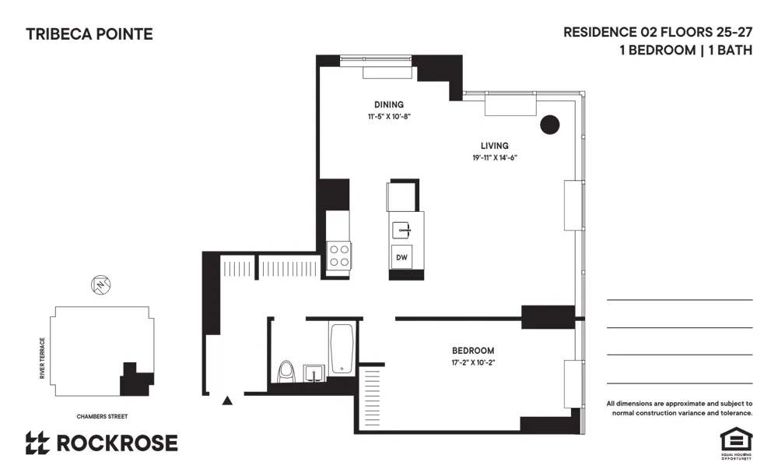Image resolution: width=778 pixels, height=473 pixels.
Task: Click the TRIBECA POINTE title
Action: (x=89, y=34)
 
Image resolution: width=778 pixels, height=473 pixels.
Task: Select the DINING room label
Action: (x=389, y=104)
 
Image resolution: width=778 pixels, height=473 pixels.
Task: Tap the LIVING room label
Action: (x=494, y=146)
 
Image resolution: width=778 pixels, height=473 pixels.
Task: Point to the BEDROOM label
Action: (x=473, y=351)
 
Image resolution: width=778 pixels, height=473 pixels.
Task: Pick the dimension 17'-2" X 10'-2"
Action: (x=473, y=362)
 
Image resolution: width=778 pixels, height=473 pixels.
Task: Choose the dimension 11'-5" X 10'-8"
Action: (x=389, y=116)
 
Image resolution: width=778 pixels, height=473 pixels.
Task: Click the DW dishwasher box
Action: (x=402, y=257)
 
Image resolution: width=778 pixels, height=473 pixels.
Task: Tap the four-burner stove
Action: (x=338, y=255)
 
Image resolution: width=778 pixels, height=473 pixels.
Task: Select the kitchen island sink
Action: (x=402, y=229)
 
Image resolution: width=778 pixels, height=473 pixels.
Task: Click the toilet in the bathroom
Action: (x=286, y=372)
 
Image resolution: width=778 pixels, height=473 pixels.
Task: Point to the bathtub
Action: (x=342, y=349)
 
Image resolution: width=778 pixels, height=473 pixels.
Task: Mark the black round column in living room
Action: (x=550, y=125)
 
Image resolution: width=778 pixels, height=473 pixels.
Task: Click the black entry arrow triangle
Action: (x=227, y=401)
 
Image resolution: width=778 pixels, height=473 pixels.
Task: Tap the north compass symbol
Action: (x=100, y=286)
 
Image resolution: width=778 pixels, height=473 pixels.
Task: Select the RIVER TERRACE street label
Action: (x=43, y=358)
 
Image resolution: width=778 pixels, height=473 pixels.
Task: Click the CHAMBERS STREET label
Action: (x=102, y=417)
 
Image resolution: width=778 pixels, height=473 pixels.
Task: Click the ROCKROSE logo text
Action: (x=117, y=443)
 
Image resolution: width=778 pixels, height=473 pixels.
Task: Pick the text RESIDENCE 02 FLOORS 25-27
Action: (x=657, y=33)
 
